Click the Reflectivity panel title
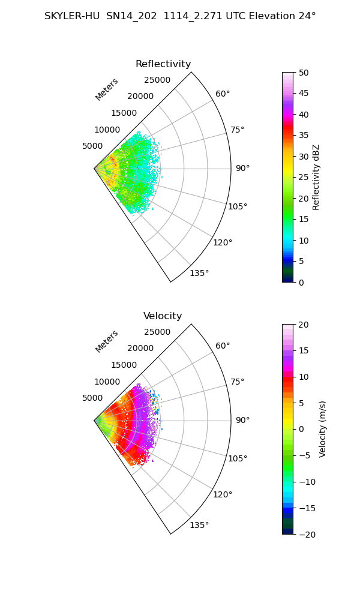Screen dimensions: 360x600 pos(163,64)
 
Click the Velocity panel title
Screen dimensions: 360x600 pos(163,316)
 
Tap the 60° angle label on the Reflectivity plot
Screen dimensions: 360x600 pos(223,94)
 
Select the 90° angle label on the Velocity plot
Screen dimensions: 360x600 pos(242,420)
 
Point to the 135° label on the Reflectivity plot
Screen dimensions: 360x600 pos(199,273)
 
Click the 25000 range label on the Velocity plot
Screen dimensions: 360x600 pos(157,332)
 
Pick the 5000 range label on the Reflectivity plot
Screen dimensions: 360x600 pos(92,146)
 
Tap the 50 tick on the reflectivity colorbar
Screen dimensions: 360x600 pos(304,73)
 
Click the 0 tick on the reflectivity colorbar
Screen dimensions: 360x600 pos(301,283)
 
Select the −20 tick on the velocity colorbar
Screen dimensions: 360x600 pos(307,535)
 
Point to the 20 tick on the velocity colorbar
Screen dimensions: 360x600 pos(304,325)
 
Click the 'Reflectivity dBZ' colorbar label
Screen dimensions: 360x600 pos(316,177)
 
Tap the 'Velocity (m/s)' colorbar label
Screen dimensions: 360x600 pos(323,429)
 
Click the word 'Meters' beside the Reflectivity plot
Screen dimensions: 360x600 pos(107,89)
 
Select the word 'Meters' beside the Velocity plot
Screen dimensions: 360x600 pos(107,342)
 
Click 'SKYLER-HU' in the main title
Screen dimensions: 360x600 pos(72,16)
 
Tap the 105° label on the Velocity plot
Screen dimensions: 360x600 pos(238,458)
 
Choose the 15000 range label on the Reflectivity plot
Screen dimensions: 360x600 pos(124,113)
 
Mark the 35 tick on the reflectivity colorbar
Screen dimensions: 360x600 pos(304,136)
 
